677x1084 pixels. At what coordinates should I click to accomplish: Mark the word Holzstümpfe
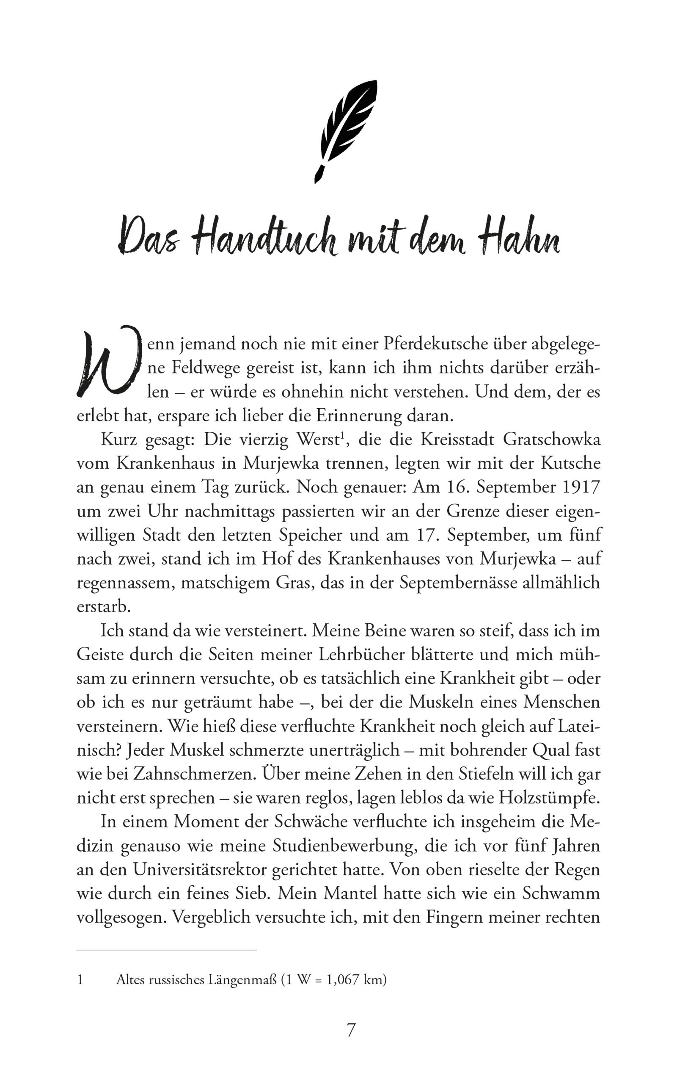coord(549,798)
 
